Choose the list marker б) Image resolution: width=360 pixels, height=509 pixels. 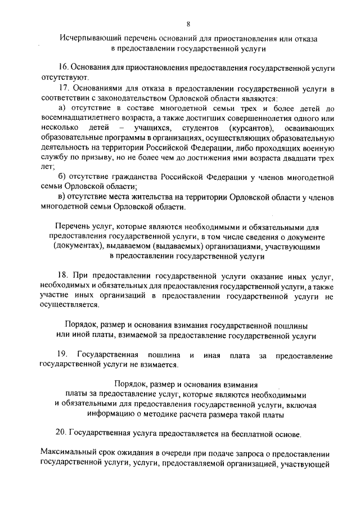pos(62,178)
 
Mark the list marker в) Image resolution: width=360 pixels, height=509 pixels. pos(62,197)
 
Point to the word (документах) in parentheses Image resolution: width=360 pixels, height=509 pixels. pos(77,246)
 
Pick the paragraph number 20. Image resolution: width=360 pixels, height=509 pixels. pos(61,434)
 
